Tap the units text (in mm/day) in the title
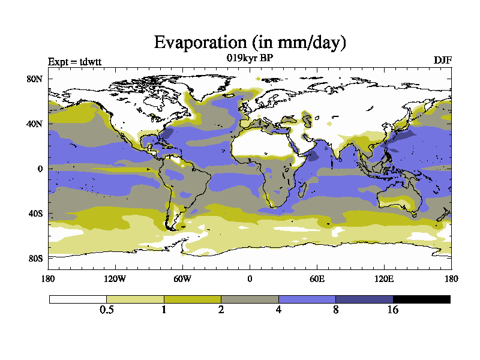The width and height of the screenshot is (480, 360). (299, 43)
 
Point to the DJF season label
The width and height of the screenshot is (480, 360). (442, 61)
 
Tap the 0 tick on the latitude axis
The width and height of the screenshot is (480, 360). (40, 169)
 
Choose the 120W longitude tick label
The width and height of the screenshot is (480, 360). (115, 278)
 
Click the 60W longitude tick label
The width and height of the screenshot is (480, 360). (182, 278)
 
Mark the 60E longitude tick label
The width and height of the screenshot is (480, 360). (317, 278)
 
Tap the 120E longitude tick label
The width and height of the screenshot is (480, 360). (384, 278)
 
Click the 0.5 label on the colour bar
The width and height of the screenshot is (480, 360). (106, 310)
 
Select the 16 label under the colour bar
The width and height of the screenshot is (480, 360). (392, 310)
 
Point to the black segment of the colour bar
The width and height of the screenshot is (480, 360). (421, 299)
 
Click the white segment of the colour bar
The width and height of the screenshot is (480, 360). (78, 299)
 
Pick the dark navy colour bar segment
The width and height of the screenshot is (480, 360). (364, 299)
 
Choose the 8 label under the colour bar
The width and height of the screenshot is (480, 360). (335, 310)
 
